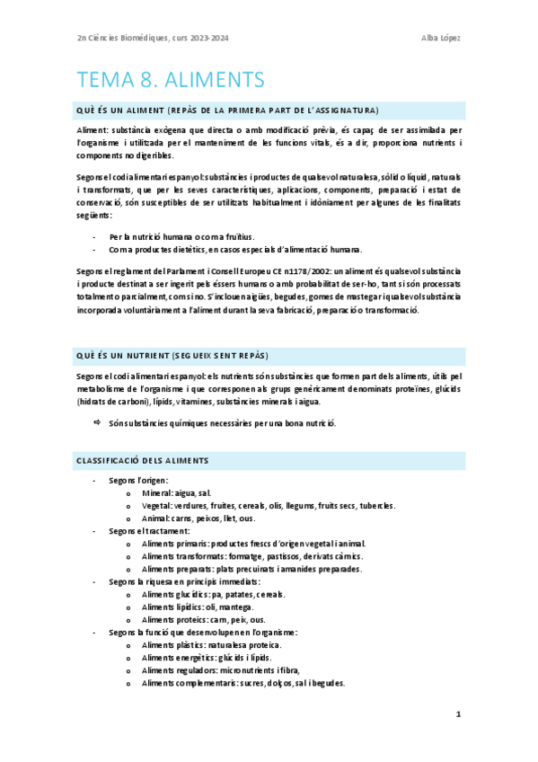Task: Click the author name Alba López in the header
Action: coord(441,37)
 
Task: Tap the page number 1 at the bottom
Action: coord(457,714)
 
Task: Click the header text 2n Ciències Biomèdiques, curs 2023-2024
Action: coord(153,37)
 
